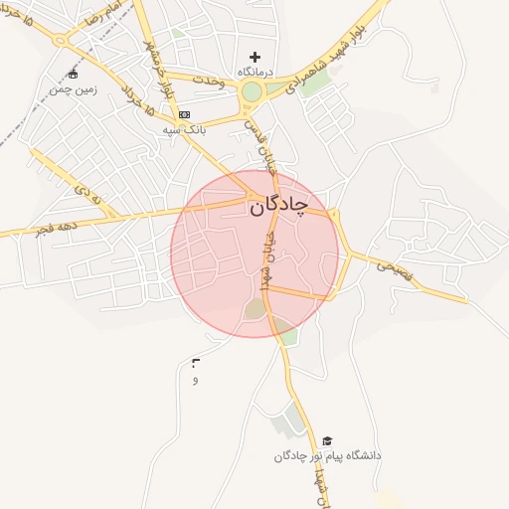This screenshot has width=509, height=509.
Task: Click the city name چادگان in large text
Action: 273,207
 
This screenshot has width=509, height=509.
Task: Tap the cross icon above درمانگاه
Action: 254,57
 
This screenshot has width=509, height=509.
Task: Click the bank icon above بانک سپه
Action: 184,114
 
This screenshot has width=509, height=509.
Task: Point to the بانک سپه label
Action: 186,129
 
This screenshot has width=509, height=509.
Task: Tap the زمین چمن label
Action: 72,88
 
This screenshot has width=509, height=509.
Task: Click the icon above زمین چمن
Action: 72,74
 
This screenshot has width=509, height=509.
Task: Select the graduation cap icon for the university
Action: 327,440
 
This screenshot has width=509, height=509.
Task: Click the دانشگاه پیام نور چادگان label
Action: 327,455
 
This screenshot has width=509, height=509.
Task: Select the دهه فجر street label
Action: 57,227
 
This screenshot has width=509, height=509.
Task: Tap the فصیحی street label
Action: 393,266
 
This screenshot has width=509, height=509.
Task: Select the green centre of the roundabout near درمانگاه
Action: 251,93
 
